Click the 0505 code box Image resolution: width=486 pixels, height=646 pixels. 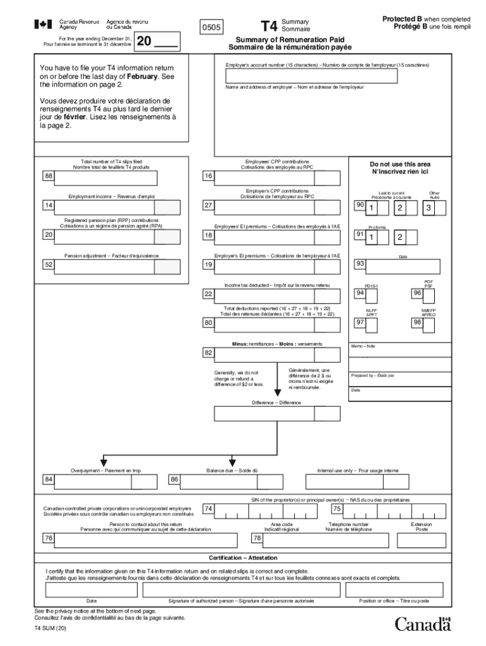click(x=210, y=28)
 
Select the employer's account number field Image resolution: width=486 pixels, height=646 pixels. click(x=312, y=76)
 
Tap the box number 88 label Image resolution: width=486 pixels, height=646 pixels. click(x=48, y=177)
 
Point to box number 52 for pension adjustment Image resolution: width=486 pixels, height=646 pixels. click(x=48, y=266)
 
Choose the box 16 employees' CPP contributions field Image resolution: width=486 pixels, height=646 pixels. click(x=264, y=177)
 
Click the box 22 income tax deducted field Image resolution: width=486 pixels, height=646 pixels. click(x=264, y=295)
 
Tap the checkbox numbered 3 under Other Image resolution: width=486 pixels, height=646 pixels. click(x=429, y=208)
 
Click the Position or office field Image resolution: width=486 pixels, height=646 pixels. click(x=398, y=589)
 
